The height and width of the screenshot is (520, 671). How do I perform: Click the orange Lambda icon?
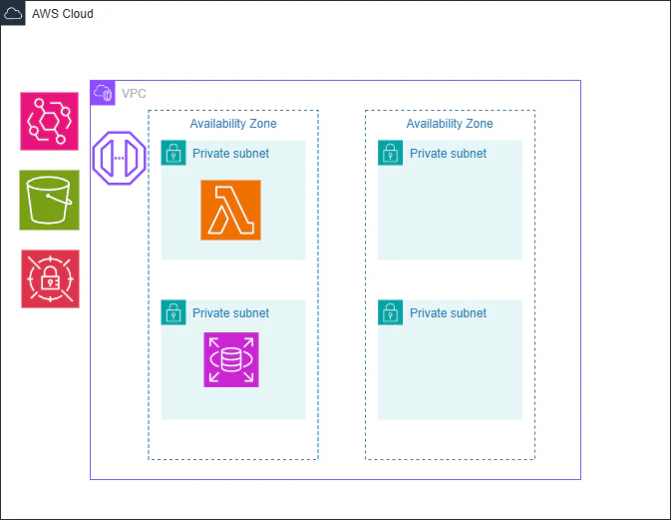click(x=230, y=210)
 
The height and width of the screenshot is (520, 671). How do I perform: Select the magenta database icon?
click(x=230, y=359)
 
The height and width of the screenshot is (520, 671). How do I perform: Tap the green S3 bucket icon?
click(x=49, y=200)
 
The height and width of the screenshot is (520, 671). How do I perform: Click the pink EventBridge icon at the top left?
click(x=49, y=121)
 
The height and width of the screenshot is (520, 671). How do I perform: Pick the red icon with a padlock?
click(x=49, y=278)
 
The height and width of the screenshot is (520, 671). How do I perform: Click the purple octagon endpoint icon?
click(x=119, y=158)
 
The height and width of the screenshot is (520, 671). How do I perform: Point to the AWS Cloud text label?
click(x=63, y=14)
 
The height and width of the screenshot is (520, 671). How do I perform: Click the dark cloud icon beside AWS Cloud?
click(x=13, y=13)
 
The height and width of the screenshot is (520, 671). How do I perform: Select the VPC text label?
click(x=134, y=93)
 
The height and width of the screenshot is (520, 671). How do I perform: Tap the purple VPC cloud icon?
click(x=103, y=93)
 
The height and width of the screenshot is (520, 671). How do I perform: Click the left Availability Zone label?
click(x=233, y=124)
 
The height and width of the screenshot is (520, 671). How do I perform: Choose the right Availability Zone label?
click(x=450, y=124)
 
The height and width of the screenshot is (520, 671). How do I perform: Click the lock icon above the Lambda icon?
click(x=173, y=153)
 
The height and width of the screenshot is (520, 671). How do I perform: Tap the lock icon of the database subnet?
click(x=173, y=312)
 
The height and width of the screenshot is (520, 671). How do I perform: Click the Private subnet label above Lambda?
click(x=230, y=154)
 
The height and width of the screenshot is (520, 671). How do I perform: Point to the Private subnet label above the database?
click(x=230, y=313)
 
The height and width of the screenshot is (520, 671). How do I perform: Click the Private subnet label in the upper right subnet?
click(x=448, y=154)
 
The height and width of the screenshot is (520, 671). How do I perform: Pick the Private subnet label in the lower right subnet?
click(x=448, y=313)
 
